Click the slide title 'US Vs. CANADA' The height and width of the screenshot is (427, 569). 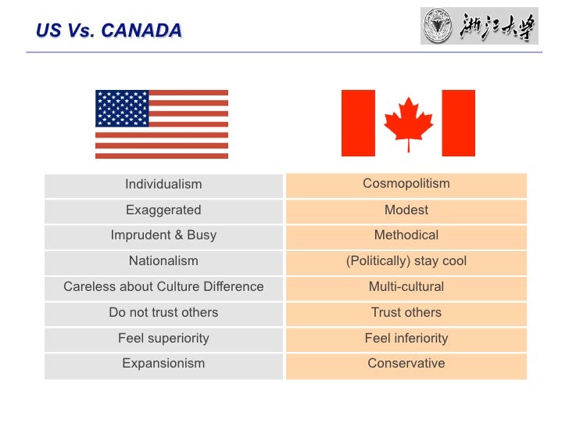[x=109, y=30]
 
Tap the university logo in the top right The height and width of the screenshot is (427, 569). [x=478, y=26]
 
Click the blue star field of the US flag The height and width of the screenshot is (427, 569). [x=122, y=109]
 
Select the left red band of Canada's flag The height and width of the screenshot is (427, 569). [x=358, y=123]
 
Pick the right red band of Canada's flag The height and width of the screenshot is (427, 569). [x=458, y=123]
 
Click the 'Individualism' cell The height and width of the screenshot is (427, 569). [x=163, y=185]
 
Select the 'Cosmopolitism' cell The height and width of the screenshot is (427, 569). [x=406, y=184]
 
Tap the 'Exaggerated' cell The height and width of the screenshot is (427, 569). [x=163, y=210]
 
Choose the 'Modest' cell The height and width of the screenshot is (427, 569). [x=406, y=210]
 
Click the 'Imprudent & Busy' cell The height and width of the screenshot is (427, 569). [x=163, y=235]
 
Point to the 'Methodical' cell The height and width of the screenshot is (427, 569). [x=406, y=235]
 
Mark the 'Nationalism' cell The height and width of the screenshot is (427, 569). [x=163, y=261]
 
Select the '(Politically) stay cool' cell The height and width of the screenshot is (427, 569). [x=406, y=261]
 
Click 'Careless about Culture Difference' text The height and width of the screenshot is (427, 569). [x=163, y=287]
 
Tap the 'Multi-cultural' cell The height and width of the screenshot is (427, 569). [x=406, y=287]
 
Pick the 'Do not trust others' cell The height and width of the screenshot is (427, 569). [x=163, y=313]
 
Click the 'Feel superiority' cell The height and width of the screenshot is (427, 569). [x=163, y=339]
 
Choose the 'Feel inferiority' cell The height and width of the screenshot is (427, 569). [x=406, y=339]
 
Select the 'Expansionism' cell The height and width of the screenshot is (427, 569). [x=163, y=364]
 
